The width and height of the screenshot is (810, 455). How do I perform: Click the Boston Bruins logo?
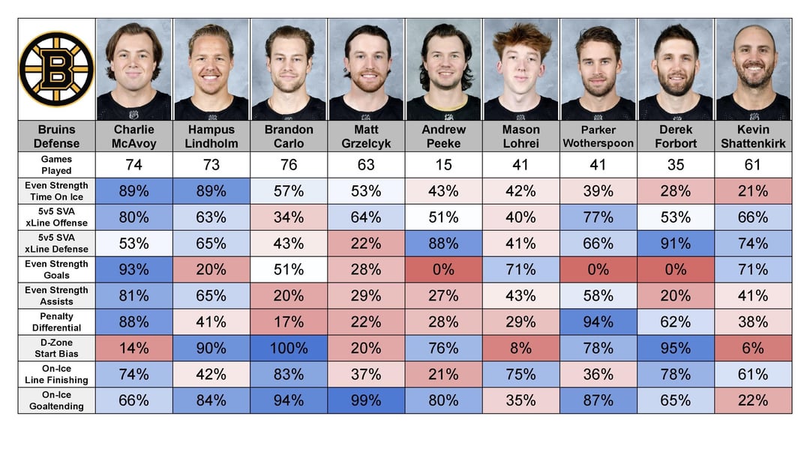coord(56,68)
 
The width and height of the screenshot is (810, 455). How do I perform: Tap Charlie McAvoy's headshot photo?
coord(134,69)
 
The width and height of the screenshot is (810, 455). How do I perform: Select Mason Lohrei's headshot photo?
coord(520,69)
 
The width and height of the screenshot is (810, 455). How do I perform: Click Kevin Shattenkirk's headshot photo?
coord(753,69)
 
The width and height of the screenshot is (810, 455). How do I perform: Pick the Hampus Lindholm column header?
coord(211,136)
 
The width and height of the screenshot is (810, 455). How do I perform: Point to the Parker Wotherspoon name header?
coord(598,136)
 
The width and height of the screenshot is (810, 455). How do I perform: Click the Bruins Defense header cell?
coord(57,136)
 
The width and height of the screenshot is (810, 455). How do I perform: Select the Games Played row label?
coord(57,165)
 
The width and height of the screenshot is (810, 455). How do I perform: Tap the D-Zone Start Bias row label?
coord(57,348)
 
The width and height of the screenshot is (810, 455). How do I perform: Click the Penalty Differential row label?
coord(57,322)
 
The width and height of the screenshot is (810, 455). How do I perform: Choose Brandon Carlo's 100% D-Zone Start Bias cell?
coord(289,348)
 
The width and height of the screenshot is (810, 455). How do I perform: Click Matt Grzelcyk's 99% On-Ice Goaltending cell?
coord(366,400)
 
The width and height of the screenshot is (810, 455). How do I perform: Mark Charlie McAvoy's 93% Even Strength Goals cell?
coord(134,269)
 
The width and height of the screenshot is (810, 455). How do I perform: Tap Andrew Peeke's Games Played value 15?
coord(443,165)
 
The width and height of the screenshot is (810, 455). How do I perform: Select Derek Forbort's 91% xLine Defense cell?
coord(676,243)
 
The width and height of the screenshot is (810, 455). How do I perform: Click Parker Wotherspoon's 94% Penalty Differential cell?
coord(598,322)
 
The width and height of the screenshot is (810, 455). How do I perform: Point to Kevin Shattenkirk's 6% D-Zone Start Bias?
coord(753,348)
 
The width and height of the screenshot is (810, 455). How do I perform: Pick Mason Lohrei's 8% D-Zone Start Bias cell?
coord(520,348)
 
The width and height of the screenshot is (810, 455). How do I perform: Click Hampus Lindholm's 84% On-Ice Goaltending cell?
coord(211,400)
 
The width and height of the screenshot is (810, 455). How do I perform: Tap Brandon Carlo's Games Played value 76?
coord(289,165)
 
